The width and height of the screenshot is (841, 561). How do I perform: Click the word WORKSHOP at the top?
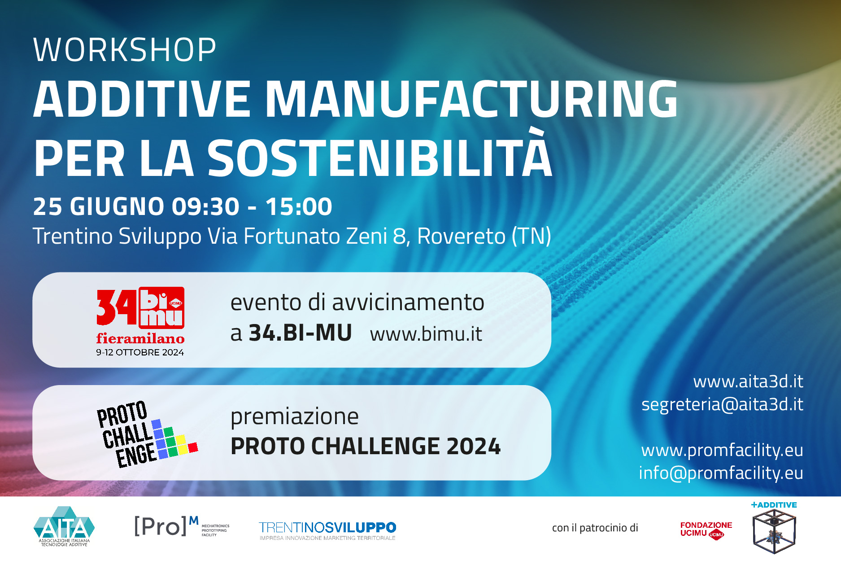point(125,49)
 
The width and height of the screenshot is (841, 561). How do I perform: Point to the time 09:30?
point(206,206)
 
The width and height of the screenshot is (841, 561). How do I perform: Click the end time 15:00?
point(299,206)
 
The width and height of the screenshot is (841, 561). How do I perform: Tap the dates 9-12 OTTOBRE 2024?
point(140,353)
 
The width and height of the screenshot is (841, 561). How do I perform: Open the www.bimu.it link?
point(426,334)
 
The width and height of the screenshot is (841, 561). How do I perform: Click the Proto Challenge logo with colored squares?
point(147,434)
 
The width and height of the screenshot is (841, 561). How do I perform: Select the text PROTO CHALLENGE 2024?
point(366,446)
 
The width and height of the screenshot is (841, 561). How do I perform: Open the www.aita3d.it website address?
point(748,381)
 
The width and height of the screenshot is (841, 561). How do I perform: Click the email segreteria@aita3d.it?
point(722,404)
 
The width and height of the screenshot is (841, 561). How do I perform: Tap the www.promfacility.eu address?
point(722,450)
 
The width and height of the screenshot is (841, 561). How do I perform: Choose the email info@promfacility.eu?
point(721,473)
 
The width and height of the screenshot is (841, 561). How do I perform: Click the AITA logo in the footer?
point(64,526)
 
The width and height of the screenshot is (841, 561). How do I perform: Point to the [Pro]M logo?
point(182,526)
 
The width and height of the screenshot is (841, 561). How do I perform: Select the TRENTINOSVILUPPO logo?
point(327,530)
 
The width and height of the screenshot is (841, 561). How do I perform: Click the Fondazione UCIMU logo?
point(706,530)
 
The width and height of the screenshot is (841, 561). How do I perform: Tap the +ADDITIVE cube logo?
point(774,528)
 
